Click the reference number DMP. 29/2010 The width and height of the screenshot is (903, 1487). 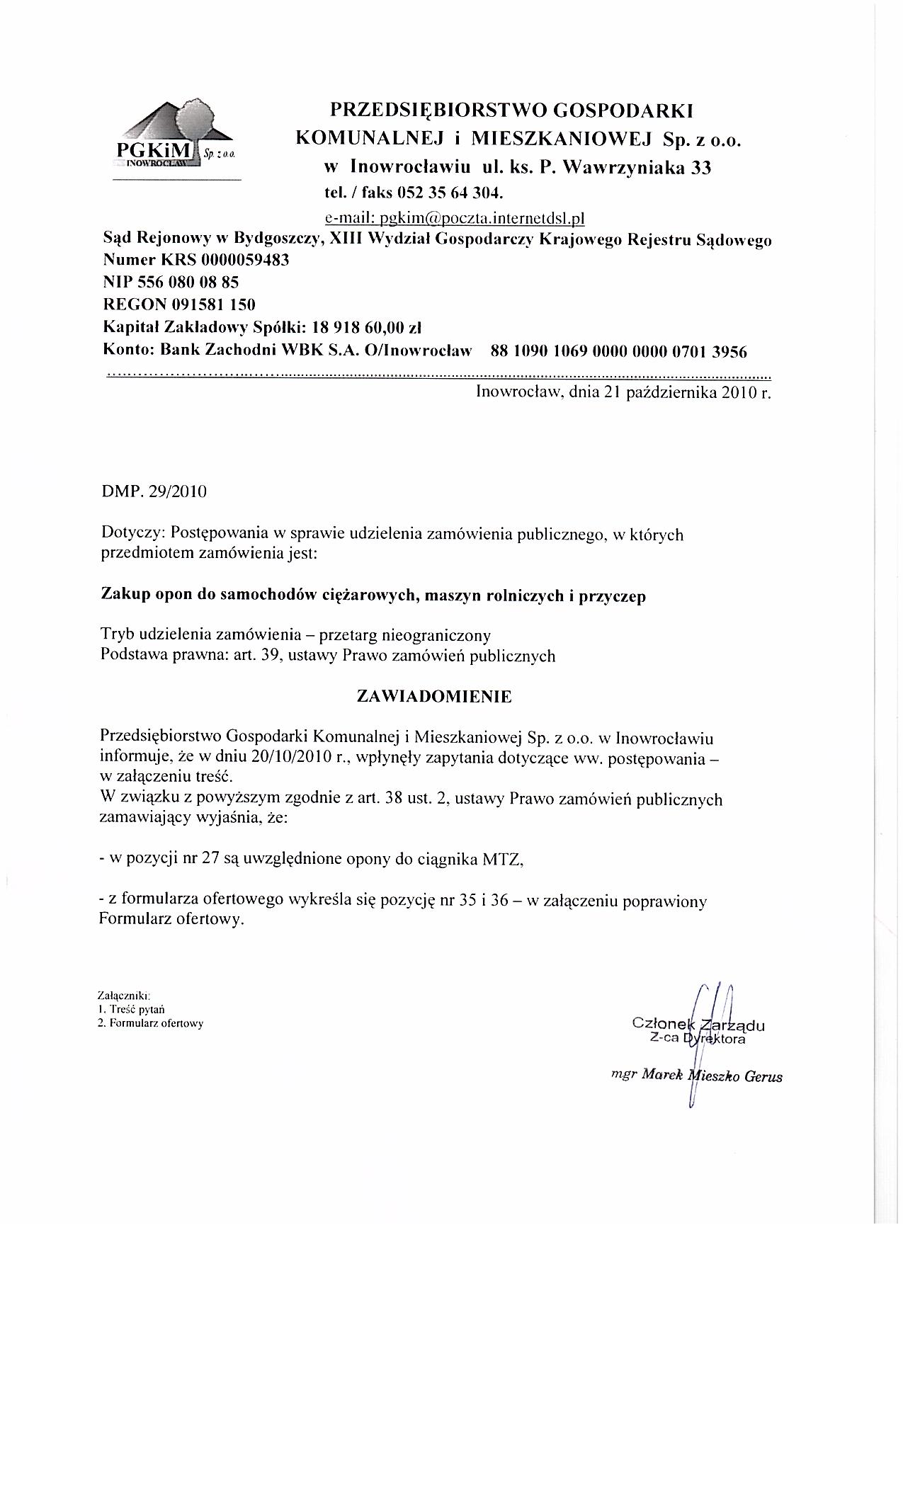[x=154, y=491]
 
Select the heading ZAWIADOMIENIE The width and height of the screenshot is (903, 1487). [x=434, y=697]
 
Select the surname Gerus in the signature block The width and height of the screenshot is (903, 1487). [x=763, y=1077]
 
